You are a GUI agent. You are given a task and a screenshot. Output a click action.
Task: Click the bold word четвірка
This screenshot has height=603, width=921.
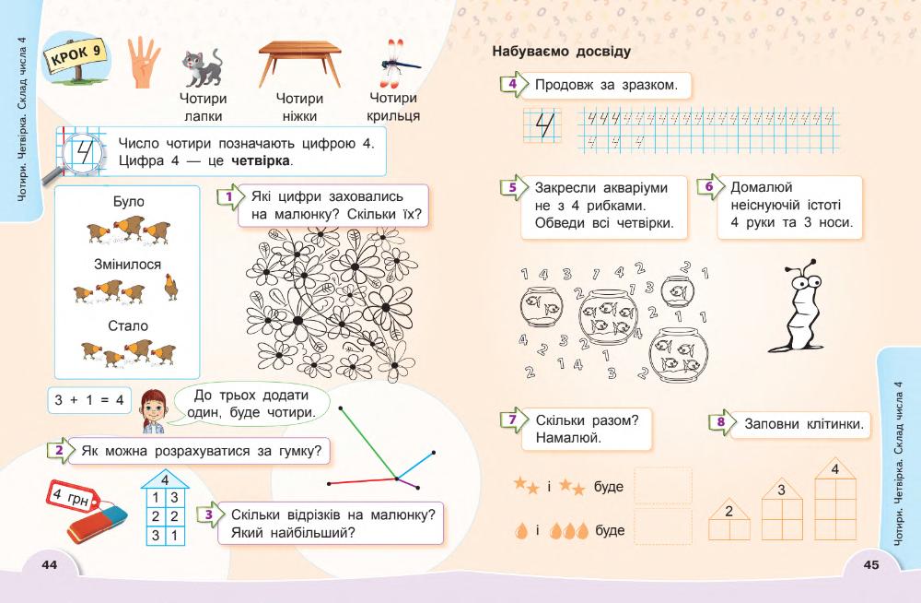[260, 161]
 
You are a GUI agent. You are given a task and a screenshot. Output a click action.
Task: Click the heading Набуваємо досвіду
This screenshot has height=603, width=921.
[562, 52]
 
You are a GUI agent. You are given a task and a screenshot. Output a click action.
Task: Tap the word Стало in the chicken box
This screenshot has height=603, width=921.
[127, 325]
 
